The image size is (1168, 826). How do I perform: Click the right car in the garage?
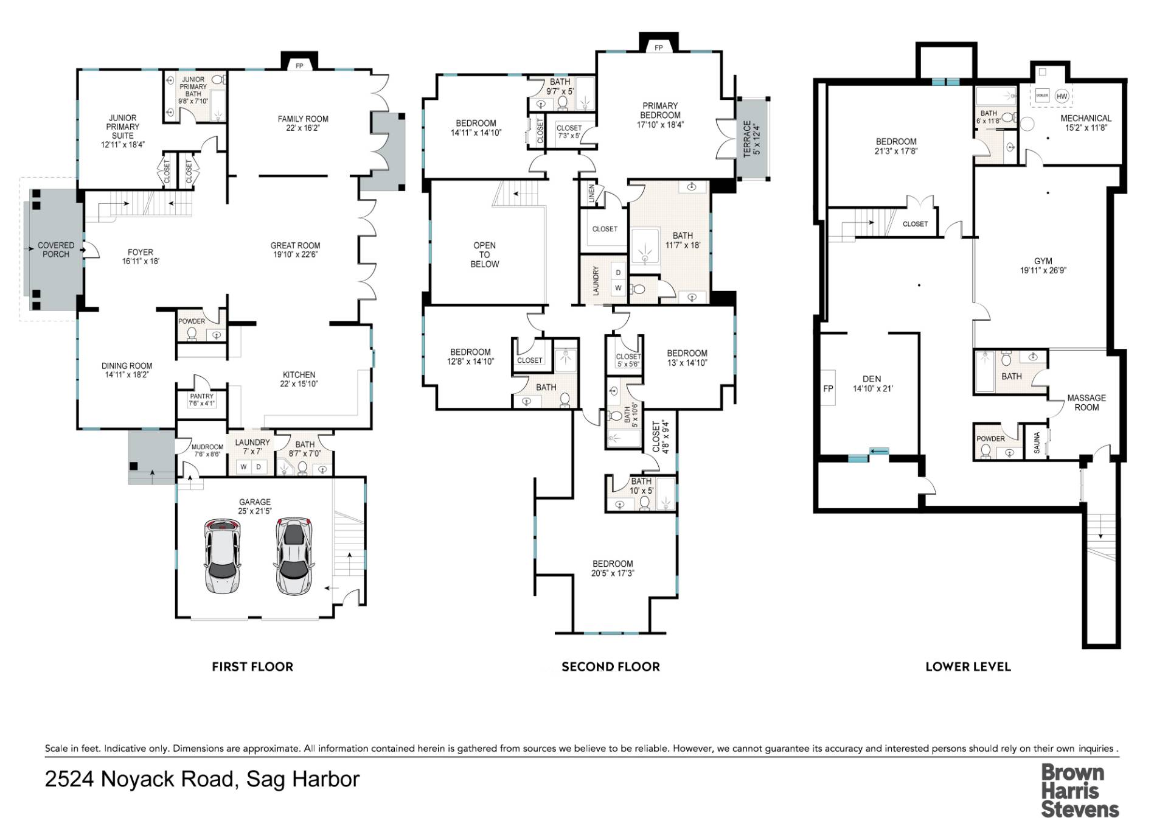point(295,556)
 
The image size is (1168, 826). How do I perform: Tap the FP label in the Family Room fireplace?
point(299,66)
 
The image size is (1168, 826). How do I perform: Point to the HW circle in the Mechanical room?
point(1062,96)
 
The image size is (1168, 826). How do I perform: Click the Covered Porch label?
point(56,250)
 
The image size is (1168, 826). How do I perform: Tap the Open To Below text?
point(485,254)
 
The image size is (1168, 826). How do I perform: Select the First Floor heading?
point(252,667)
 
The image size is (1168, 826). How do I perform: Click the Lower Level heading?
point(968,667)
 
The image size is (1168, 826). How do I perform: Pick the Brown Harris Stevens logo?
point(1080,791)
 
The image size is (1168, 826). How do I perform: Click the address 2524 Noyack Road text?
point(139,779)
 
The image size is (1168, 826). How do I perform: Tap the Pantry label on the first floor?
point(201,396)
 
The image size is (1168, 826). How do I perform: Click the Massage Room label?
point(1086,402)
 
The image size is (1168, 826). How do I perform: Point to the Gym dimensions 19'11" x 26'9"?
point(1043,270)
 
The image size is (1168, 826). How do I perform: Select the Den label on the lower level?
point(872,379)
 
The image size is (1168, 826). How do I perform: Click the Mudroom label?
point(207,447)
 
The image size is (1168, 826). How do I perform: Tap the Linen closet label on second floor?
point(591,194)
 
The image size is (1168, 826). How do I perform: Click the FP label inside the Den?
point(828,388)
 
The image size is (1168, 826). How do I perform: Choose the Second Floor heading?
point(611,667)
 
